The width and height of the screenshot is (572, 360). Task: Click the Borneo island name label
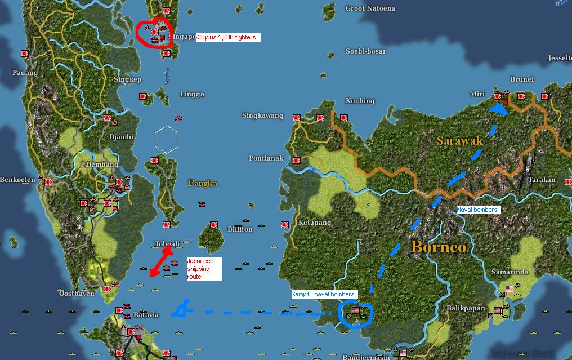pyautogui.click(x=438, y=247)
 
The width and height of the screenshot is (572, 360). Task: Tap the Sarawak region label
pyautogui.click(x=459, y=141)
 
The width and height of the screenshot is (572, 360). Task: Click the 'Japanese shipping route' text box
pyautogui.click(x=203, y=269)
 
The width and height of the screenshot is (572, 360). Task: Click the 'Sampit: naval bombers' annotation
pyautogui.click(x=323, y=294)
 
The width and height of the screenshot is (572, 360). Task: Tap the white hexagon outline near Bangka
pyautogui.click(x=167, y=139)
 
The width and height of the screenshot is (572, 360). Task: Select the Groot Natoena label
pyautogui.click(x=370, y=8)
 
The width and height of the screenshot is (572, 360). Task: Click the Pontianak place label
pyautogui.click(x=266, y=158)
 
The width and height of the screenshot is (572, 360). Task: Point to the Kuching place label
pyautogui.click(x=360, y=101)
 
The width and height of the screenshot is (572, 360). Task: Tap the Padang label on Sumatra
pyautogui.click(x=25, y=73)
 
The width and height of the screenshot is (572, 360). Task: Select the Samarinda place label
pyautogui.click(x=510, y=272)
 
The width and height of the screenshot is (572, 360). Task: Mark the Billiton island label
pyautogui.click(x=240, y=229)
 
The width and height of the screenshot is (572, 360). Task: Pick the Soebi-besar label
pyautogui.click(x=366, y=51)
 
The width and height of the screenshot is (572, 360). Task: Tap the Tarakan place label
pyautogui.click(x=542, y=180)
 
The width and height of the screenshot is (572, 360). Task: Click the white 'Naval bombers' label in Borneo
pyautogui.click(x=477, y=210)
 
